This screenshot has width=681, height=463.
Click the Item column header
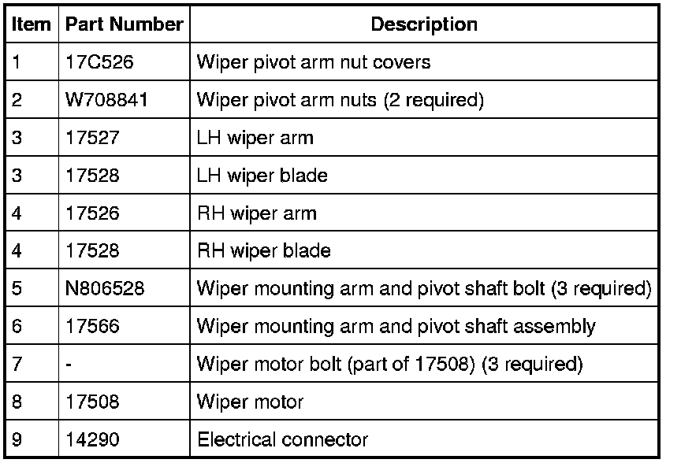31,24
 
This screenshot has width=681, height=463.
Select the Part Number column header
124,24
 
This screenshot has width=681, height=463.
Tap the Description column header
423,24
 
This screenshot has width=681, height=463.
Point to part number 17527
91,138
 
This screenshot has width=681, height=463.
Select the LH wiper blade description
262,176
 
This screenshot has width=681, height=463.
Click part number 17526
91,213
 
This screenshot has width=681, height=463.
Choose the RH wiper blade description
263,251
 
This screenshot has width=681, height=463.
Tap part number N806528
104,289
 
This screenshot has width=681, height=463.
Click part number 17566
91,326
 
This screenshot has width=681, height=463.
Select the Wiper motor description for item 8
249,402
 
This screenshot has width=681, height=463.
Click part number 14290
91,439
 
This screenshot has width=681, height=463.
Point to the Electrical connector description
282,439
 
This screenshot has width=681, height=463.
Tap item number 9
17,439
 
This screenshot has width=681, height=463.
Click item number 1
17,62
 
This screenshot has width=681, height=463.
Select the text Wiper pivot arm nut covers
313,62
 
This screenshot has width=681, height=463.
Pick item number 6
17,326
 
